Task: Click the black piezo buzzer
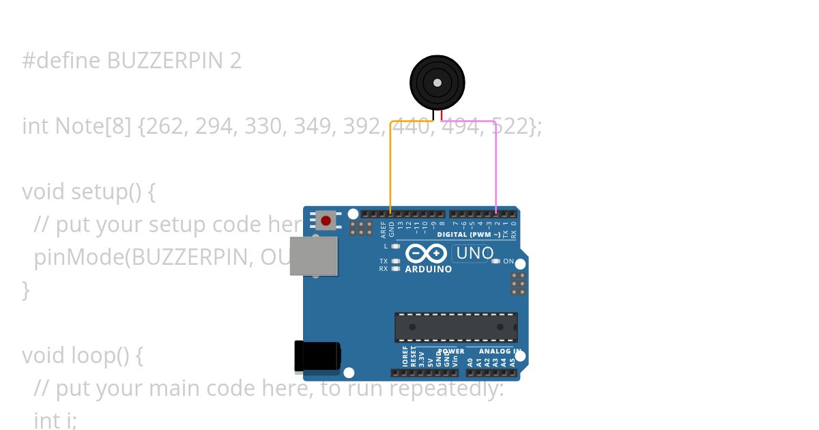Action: pyautogui.click(x=437, y=83)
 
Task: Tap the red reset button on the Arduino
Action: pyautogui.click(x=326, y=220)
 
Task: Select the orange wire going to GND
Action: pyautogui.click(x=390, y=164)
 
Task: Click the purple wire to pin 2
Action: pyautogui.click(x=495, y=164)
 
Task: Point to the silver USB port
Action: pyautogui.click(x=313, y=256)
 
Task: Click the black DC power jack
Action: pyautogui.click(x=317, y=357)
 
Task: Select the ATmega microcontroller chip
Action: pyautogui.click(x=456, y=327)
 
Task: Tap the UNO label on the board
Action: pyautogui.click(x=474, y=253)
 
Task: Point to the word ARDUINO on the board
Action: pyautogui.click(x=429, y=269)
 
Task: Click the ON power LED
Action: pyautogui.click(x=496, y=261)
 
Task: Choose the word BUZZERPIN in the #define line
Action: pyautogui.click(x=165, y=61)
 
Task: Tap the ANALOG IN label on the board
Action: pyautogui.click(x=504, y=352)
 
